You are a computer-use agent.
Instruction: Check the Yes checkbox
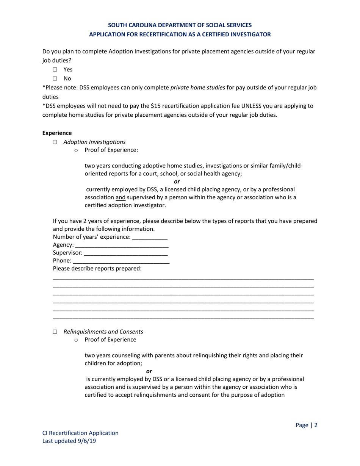point(55,70)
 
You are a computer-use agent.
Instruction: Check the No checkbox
point(55,79)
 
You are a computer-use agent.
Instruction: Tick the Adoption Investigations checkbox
point(55,142)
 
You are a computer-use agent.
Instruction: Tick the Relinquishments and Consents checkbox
point(55,332)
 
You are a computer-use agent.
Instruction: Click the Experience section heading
point(56,133)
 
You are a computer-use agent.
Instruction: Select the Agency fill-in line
point(122,246)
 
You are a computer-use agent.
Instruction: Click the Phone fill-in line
point(121,261)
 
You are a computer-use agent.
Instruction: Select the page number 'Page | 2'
point(306,425)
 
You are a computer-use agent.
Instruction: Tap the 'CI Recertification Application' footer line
point(80,433)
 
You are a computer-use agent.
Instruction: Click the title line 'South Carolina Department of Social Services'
point(180,25)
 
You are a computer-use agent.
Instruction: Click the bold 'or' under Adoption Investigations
point(177,181)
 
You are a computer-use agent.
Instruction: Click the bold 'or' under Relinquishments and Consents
point(149,371)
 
